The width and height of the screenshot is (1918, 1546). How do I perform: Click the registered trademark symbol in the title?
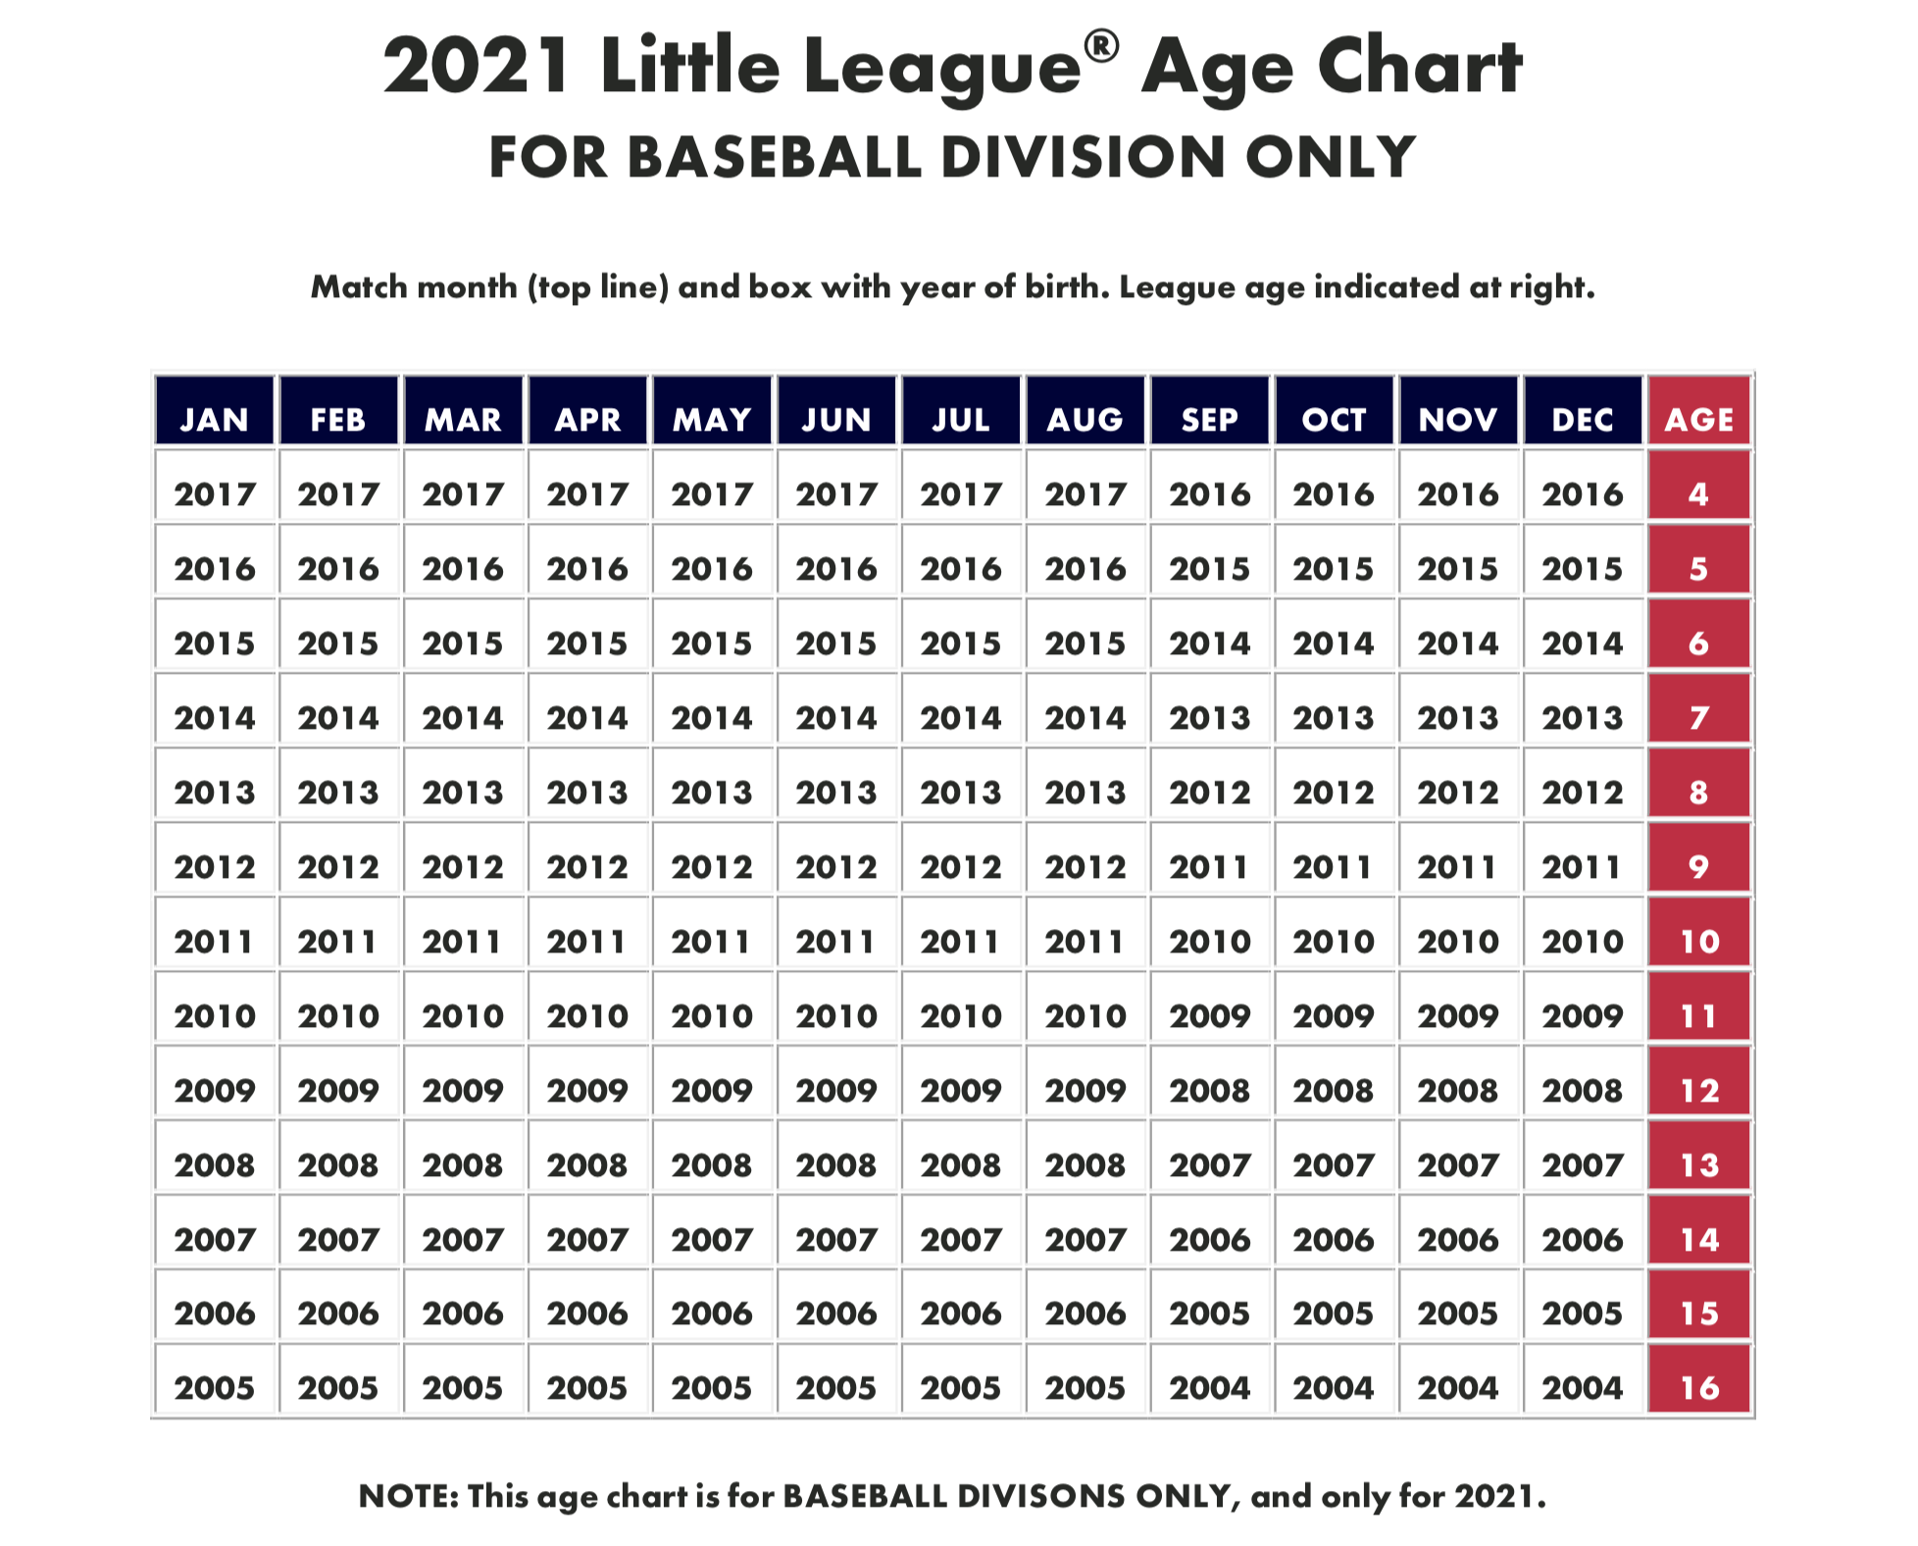[x=1102, y=46]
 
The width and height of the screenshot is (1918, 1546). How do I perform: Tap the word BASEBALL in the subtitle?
[x=776, y=157]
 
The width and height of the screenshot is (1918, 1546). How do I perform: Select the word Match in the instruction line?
[x=359, y=286]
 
